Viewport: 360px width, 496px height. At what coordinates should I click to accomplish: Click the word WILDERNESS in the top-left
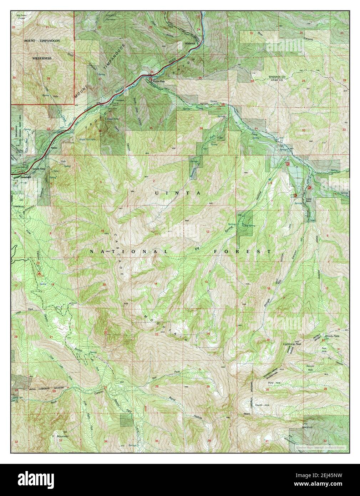(x=42, y=58)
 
